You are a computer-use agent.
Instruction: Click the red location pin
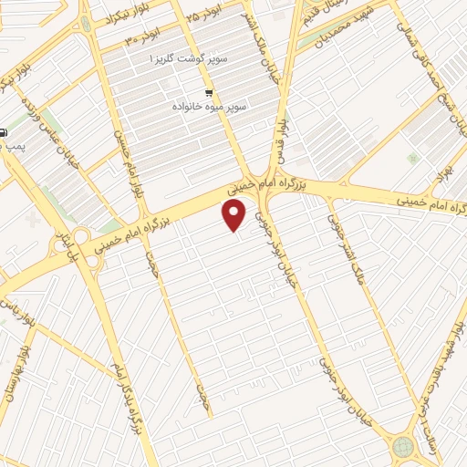(235, 215)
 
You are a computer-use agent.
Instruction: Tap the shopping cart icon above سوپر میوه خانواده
(210, 93)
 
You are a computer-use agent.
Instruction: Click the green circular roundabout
(402, 446)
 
